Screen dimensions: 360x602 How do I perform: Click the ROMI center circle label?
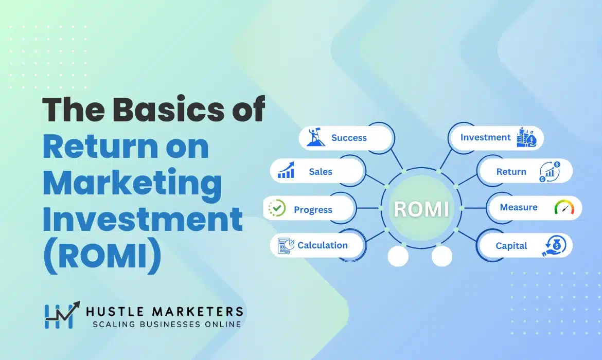pos(421,209)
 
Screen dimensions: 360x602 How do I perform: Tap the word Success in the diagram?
pos(349,138)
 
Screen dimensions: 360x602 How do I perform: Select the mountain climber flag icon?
pos(316,137)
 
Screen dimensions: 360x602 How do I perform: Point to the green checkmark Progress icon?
pos(277,208)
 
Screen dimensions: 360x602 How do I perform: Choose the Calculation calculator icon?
pos(286,246)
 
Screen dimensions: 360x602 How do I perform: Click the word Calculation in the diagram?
pos(323,245)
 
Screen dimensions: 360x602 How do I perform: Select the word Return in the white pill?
pos(511,172)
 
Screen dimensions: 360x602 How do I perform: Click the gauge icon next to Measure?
pos(564,207)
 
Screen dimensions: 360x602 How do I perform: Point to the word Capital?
pos(511,246)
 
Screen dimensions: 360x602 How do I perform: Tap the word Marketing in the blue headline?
pos(132,183)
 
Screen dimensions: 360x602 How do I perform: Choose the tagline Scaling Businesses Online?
pos(166,324)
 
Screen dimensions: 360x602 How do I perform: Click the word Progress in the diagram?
pos(313,210)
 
